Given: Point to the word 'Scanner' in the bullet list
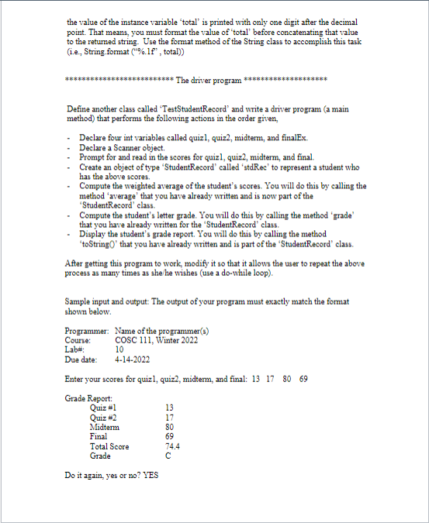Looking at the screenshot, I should tap(122, 147).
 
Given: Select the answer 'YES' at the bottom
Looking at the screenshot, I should tap(147, 475).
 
